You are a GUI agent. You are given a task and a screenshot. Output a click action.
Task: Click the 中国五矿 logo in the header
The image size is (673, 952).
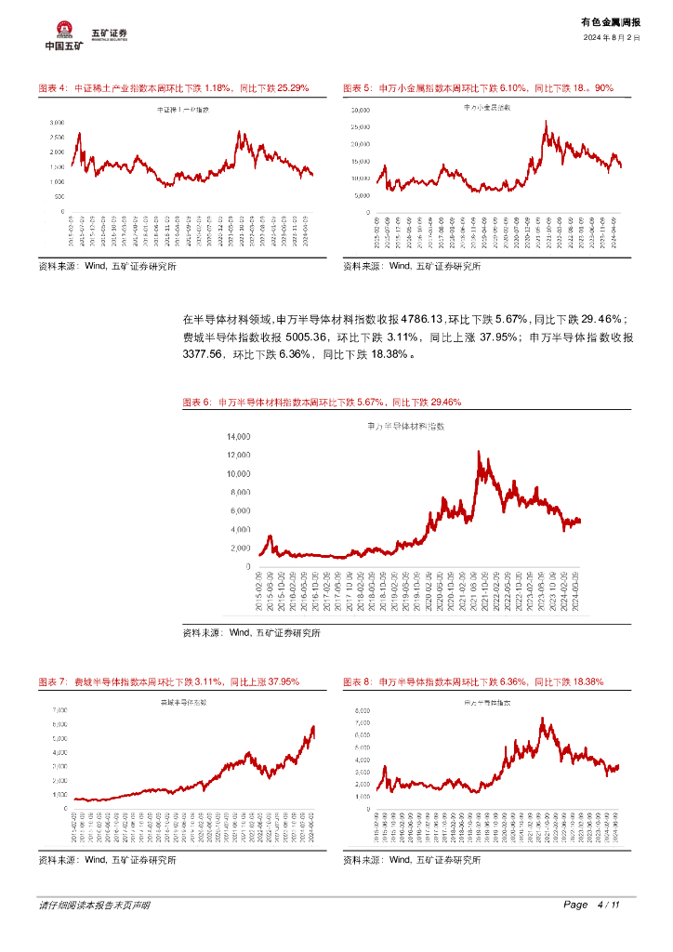63,35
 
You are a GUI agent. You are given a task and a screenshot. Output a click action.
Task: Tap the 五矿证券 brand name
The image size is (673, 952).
109,33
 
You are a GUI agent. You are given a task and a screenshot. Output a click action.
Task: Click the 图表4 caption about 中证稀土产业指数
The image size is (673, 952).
173,87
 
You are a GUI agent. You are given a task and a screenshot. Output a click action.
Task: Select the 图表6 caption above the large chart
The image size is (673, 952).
322,403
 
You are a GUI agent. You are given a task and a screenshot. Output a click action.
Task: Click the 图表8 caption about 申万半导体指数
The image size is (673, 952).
473,681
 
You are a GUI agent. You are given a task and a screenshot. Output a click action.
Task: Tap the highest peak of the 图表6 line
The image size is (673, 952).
479,452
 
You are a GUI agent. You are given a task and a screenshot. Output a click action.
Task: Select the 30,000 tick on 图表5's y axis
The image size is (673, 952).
360,111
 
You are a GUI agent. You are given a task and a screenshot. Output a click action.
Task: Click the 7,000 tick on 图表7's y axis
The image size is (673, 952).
58,709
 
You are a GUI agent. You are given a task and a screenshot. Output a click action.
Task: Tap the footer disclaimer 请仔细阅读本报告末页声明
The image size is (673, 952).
94,905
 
